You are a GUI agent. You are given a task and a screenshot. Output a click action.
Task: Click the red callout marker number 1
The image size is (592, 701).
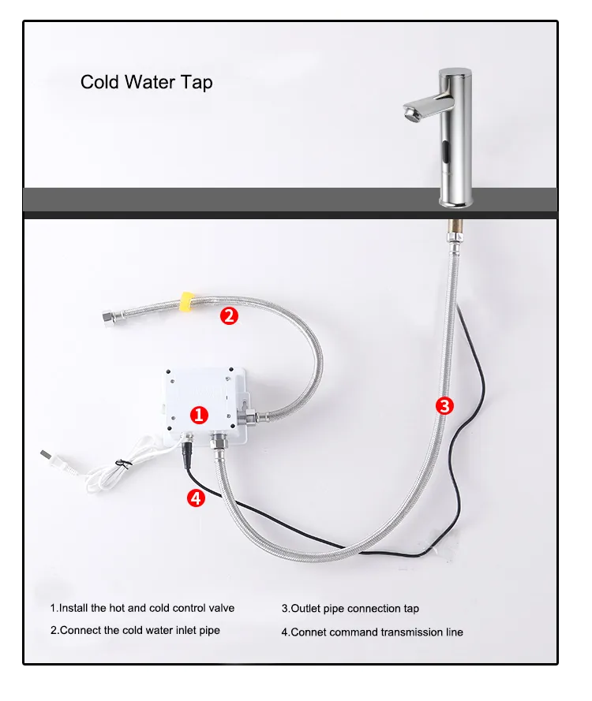200,414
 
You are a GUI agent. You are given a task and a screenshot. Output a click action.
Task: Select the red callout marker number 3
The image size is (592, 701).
445,406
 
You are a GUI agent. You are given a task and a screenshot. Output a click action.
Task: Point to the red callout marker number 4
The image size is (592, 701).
197,498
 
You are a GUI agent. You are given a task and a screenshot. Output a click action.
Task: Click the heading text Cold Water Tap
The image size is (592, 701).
146,82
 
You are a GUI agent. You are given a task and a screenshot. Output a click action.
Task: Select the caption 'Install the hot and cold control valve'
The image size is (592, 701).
142,608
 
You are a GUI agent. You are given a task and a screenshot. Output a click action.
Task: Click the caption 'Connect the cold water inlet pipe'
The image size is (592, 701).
135,630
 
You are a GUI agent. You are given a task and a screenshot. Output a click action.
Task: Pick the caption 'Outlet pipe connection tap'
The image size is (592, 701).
350,609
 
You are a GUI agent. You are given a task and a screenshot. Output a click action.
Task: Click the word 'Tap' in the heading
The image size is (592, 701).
197,82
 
